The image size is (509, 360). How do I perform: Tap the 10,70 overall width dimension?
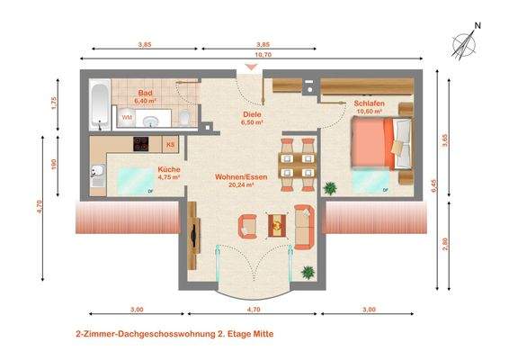tap(263, 55)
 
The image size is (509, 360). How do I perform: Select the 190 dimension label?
tap(53, 164)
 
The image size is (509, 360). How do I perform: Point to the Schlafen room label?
tap(370, 104)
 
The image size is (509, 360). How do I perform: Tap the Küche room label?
tap(169, 169)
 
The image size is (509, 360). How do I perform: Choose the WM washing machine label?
tap(127, 118)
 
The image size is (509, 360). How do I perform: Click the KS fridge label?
tap(171, 144)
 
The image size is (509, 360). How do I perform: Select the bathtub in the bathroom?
tap(98, 103)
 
